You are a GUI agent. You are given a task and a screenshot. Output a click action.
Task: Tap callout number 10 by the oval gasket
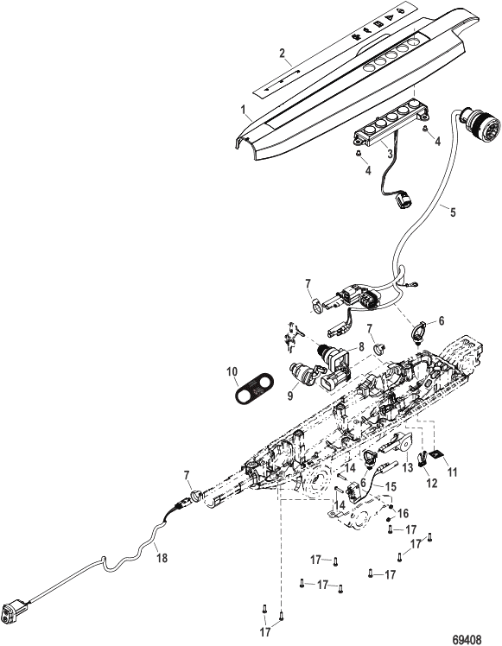coord(232,371)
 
